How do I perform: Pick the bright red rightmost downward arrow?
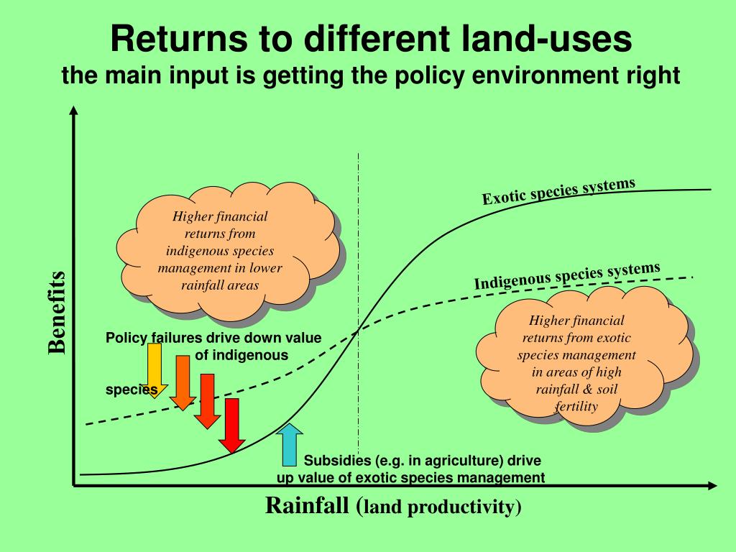coord(231,426)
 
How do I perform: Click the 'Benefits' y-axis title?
coord(57,313)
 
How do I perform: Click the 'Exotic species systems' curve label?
coord(558,190)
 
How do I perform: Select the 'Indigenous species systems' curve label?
coord(566,276)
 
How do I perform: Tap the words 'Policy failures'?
coord(154,338)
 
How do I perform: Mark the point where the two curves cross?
coord(358,331)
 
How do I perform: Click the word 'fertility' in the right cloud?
coord(576,406)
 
